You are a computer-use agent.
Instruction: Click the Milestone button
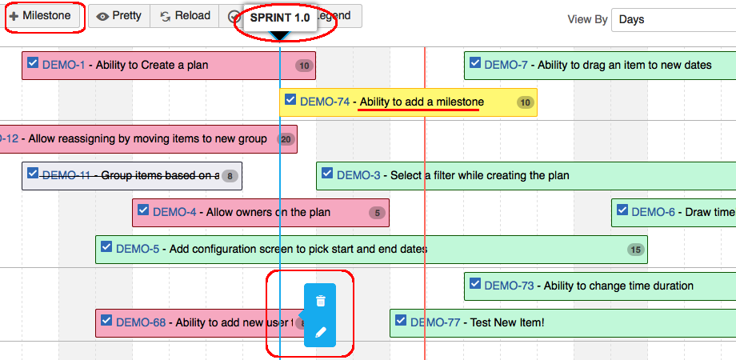(x=41, y=16)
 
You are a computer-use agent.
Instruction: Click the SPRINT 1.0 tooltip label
(x=280, y=18)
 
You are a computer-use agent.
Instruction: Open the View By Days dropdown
(x=672, y=20)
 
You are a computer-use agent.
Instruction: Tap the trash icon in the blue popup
(x=321, y=301)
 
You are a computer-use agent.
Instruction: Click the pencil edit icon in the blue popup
(x=321, y=332)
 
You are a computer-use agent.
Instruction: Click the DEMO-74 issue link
(x=324, y=102)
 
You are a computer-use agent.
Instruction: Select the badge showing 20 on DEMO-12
(x=286, y=139)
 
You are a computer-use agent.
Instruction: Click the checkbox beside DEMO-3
(x=327, y=174)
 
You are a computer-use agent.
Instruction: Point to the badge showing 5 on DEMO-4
(x=377, y=213)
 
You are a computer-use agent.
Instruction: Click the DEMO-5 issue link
(x=137, y=249)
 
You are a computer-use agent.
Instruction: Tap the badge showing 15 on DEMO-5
(x=636, y=250)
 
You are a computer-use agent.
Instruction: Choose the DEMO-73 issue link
(x=509, y=286)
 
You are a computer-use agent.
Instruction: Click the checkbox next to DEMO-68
(x=106, y=321)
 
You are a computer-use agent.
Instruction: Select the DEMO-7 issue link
(x=506, y=65)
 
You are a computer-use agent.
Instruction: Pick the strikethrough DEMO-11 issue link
(x=66, y=175)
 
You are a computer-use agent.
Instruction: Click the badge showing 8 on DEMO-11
(x=230, y=176)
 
